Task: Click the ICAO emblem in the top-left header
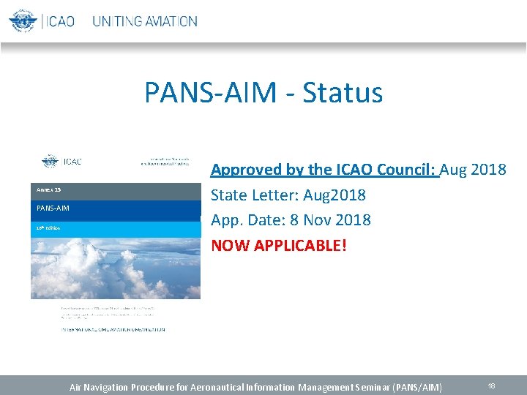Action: click(x=23, y=20)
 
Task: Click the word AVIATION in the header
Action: click(x=171, y=21)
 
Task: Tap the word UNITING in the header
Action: click(x=117, y=21)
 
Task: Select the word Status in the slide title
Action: click(x=343, y=93)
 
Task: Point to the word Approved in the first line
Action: click(x=245, y=170)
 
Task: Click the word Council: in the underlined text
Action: click(x=406, y=170)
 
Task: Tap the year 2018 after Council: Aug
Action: click(x=489, y=170)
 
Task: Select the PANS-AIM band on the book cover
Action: click(x=115, y=208)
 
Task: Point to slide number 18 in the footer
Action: click(x=491, y=385)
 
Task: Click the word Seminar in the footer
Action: click(x=367, y=386)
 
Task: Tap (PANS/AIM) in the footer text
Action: click(x=417, y=386)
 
